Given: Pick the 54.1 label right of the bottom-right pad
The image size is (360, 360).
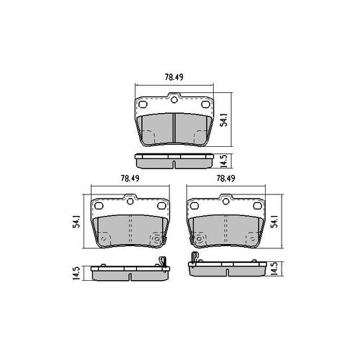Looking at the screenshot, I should [276, 221].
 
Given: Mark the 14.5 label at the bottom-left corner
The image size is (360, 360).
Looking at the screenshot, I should [74, 272].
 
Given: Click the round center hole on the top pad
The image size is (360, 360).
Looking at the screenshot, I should [175, 101].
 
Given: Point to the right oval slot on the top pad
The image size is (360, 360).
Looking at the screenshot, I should [205, 104].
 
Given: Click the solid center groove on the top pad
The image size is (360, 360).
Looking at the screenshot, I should [175, 127].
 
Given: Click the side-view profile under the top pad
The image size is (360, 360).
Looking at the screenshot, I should [175, 161].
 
